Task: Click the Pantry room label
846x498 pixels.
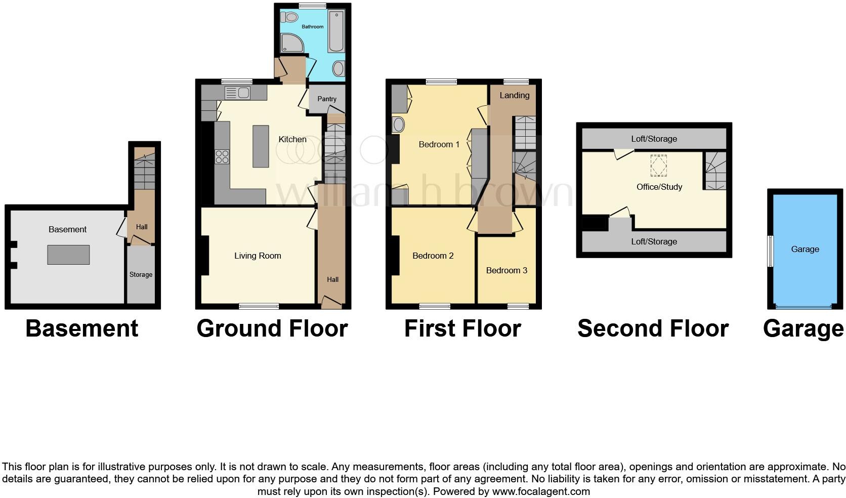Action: tap(327, 99)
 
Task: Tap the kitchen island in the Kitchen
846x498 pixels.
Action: tap(261, 146)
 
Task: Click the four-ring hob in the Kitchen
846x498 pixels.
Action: tap(222, 157)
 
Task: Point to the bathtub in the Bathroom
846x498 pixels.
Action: tap(335, 31)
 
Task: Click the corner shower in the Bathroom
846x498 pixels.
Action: tap(292, 43)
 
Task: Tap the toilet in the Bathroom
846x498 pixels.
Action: tap(291, 17)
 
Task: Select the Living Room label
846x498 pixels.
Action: tap(258, 256)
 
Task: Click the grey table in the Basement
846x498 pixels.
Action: tap(68, 255)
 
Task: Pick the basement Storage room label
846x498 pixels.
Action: tap(141, 274)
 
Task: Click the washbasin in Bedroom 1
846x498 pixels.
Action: tap(399, 124)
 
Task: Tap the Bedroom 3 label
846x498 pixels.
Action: tap(506, 270)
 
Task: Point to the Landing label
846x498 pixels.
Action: tap(514, 95)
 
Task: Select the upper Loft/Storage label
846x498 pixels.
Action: tap(654, 139)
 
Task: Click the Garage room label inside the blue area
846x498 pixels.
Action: tap(805, 249)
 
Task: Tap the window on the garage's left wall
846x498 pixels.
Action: tap(770, 251)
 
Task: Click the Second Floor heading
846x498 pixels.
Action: tap(653, 328)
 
